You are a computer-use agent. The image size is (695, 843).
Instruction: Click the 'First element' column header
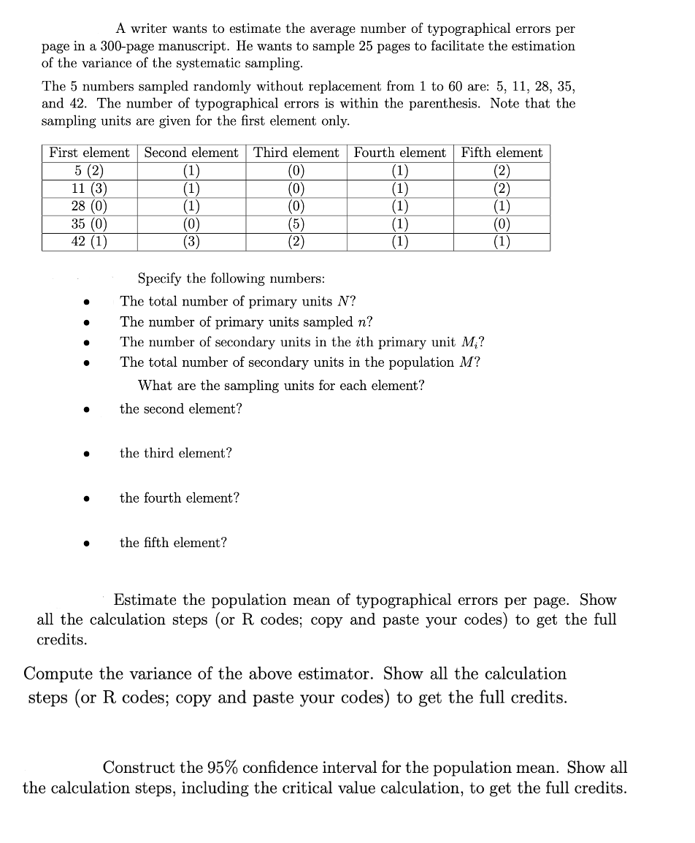[89, 153]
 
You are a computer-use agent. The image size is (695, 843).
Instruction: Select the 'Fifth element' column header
[502, 153]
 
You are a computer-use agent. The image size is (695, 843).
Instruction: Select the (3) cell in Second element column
[191, 242]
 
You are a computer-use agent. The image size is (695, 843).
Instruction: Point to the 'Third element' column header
[296, 153]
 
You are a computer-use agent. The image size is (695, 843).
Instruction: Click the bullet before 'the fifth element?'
[86, 543]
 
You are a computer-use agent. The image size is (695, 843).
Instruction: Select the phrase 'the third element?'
[176, 453]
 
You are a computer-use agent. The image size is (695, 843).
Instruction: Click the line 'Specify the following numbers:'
[231, 278]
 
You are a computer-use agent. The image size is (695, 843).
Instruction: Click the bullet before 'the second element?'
[86, 410]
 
